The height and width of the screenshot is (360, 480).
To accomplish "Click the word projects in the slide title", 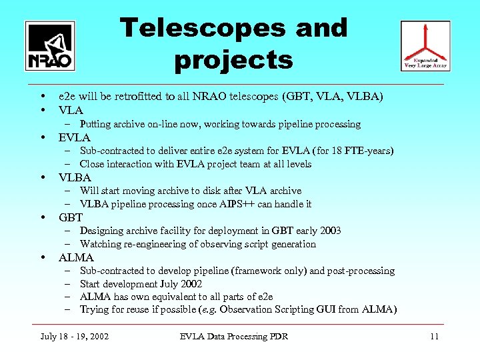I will click(x=233, y=61).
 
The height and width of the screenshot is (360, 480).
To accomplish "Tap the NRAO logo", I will click(x=50, y=45).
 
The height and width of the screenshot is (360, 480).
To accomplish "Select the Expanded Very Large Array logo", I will click(x=425, y=45).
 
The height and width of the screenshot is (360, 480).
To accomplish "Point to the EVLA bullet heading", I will click(x=74, y=137).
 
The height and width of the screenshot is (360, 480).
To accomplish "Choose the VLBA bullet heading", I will click(x=75, y=177).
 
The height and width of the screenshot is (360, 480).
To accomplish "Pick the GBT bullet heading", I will click(x=71, y=217).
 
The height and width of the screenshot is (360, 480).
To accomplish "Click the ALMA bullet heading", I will click(x=76, y=257).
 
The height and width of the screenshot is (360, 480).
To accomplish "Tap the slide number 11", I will click(x=434, y=336).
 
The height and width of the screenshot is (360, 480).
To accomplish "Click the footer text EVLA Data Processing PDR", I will click(x=234, y=336).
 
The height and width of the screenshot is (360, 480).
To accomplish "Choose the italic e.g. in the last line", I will click(x=210, y=309).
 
